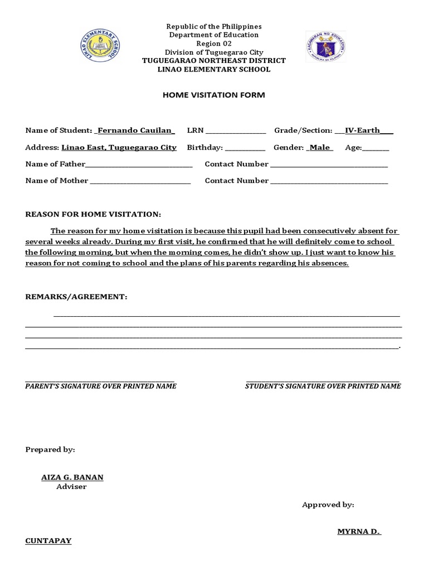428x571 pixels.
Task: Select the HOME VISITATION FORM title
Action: pyautogui.click(x=214, y=95)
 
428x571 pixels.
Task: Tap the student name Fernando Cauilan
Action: pyautogui.click(x=135, y=130)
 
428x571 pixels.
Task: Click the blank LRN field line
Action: pyautogui.click(x=236, y=132)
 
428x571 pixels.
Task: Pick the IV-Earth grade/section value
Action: pyautogui.click(x=363, y=130)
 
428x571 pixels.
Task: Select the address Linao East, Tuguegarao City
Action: pyautogui.click(x=119, y=148)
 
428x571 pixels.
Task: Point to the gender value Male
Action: pyautogui.click(x=320, y=148)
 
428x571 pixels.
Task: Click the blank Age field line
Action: pyautogui.click(x=376, y=149)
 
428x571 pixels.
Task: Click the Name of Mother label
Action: pyautogui.click(x=57, y=181)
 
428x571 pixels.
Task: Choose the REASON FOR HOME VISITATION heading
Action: pyautogui.click(x=94, y=214)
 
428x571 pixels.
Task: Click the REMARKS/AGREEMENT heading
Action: pyautogui.click(x=76, y=297)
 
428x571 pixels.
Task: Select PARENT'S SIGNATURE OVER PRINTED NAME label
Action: pyautogui.click(x=101, y=386)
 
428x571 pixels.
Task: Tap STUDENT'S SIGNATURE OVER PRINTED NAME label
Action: pyautogui.click(x=323, y=386)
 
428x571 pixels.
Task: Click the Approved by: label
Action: pyautogui.click(x=328, y=505)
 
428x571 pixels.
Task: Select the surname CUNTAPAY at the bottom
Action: pyautogui.click(x=48, y=541)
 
